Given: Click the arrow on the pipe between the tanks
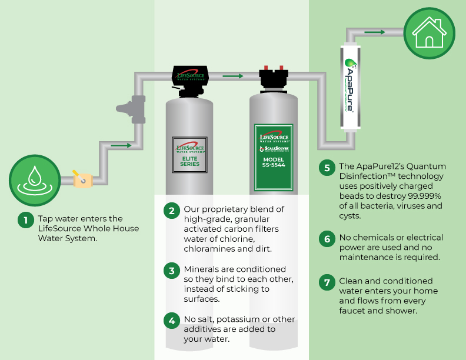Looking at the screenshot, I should [x=233, y=76].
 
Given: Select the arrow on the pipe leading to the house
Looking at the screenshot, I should [x=374, y=32].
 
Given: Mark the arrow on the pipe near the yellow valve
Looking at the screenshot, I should [x=121, y=145].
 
